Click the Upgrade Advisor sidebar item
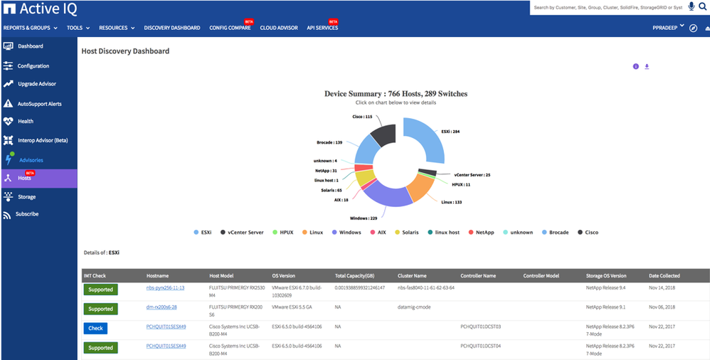tap(36, 84)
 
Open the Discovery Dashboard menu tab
tap(171, 28)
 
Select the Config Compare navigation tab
tap(230, 28)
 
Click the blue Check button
tap(95, 329)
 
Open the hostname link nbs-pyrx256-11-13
tap(165, 288)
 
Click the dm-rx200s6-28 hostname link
tap(161, 307)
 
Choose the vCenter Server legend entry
tap(243, 233)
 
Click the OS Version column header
tap(283, 275)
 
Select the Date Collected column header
tap(664, 275)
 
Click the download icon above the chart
tap(647, 67)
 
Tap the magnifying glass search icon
tap(702, 7)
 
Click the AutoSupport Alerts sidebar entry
tap(39, 104)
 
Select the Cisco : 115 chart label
tap(362, 117)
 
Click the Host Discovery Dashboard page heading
tap(125, 51)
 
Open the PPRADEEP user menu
tap(667, 28)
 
